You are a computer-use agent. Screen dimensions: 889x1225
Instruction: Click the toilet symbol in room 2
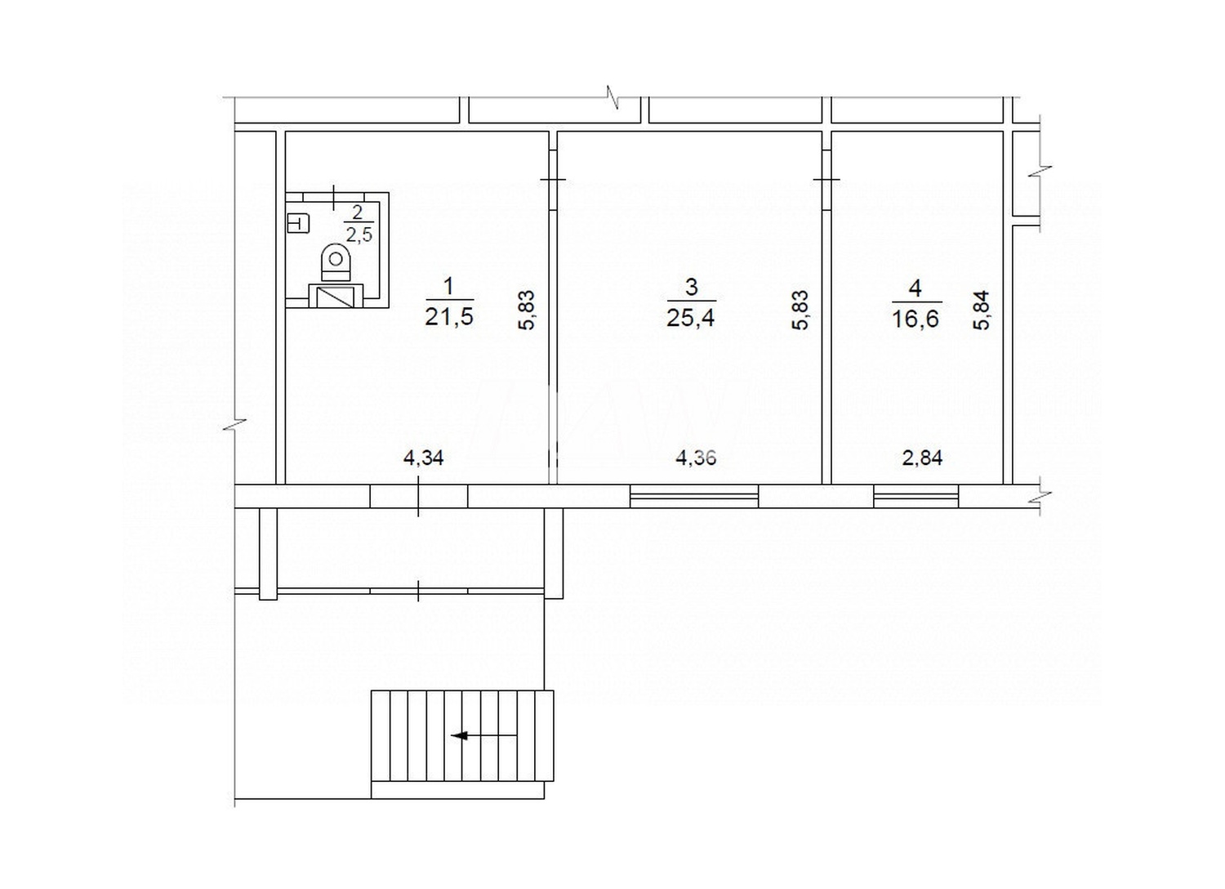(336, 261)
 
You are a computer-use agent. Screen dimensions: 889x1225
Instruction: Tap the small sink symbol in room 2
(298, 222)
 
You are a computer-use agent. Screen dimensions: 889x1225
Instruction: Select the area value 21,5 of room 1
(448, 317)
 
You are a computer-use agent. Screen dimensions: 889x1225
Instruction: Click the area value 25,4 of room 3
(691, 317)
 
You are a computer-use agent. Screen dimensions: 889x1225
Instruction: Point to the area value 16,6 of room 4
(915, 317)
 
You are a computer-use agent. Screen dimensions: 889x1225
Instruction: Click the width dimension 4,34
(423, 458)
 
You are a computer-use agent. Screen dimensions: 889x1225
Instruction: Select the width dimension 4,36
(696, 458)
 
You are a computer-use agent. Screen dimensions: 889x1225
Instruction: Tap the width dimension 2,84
(922, 458)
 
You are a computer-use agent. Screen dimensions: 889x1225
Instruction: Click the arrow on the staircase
(462, 735)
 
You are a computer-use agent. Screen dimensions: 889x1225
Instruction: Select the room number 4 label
(915, 288)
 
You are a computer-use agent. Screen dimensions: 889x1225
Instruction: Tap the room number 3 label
(692, 287)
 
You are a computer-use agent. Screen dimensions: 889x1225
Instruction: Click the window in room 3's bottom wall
(694, 496)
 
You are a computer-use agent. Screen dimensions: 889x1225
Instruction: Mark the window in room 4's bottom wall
(915, 496)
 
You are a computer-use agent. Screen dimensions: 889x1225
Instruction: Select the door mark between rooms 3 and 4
(826, 180)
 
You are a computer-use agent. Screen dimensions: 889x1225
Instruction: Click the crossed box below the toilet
(336, 296)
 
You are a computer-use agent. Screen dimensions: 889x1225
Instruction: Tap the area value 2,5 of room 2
(359, 235)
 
